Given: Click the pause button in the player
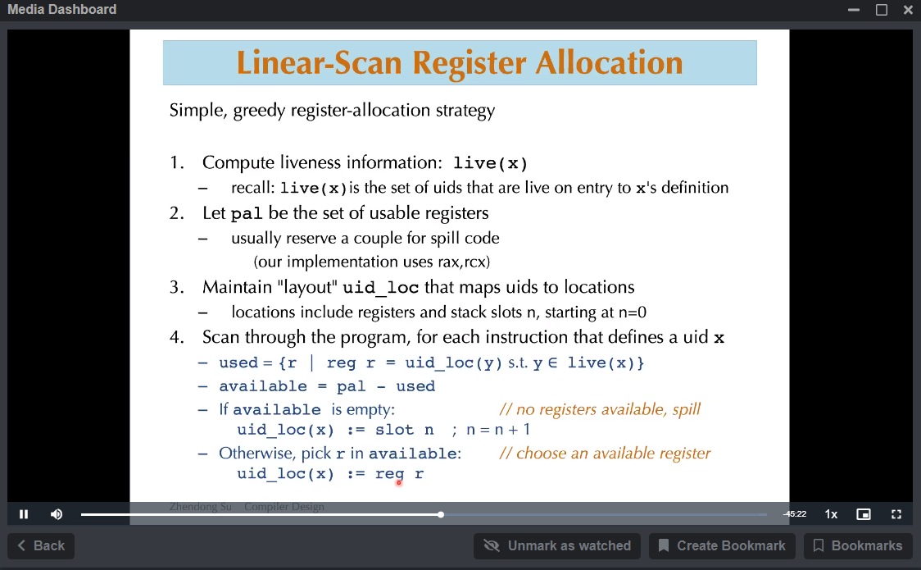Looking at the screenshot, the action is [24, 514].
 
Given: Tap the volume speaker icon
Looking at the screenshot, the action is [57, 514].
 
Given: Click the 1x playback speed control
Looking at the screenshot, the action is [831, 514].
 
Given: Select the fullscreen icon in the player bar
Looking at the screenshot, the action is [896, 514].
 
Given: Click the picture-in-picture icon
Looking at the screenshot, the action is [864, 514].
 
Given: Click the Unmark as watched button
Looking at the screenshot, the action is [557, 546].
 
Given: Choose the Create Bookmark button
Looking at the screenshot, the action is [722, 546].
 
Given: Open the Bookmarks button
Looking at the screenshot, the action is [858, 546].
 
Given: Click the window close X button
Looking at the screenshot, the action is [908, 9].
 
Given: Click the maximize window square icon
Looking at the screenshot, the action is [882, 9].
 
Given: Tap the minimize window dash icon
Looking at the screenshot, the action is [854, 10].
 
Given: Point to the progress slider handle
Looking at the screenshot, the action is [441, 515].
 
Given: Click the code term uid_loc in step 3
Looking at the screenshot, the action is [381, 287].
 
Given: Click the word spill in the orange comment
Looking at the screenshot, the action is [686, 409].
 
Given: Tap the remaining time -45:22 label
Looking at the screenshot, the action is [794, 514].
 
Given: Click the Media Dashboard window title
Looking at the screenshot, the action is [61, 9].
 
